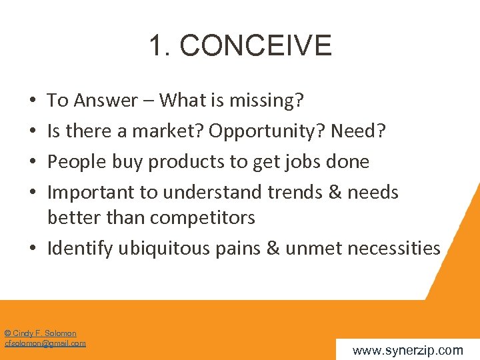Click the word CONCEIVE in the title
[x=255, y=46]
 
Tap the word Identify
[x=80, y=249]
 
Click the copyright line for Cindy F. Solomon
[x=41, y=333]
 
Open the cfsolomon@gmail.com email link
[x=45, y=343]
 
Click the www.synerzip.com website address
[x=407, y=350]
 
